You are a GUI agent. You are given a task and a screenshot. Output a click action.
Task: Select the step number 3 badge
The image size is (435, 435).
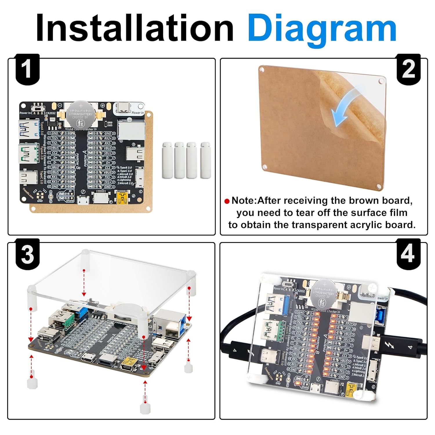coord(27,254)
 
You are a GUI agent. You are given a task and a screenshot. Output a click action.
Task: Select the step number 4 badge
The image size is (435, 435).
coord(408,254)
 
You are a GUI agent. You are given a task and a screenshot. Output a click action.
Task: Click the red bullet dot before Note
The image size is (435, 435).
coord(227,201)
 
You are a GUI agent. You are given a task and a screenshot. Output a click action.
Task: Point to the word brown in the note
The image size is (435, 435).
coord(366,200)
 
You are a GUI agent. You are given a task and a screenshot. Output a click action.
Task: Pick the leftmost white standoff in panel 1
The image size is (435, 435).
coord(167,160)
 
